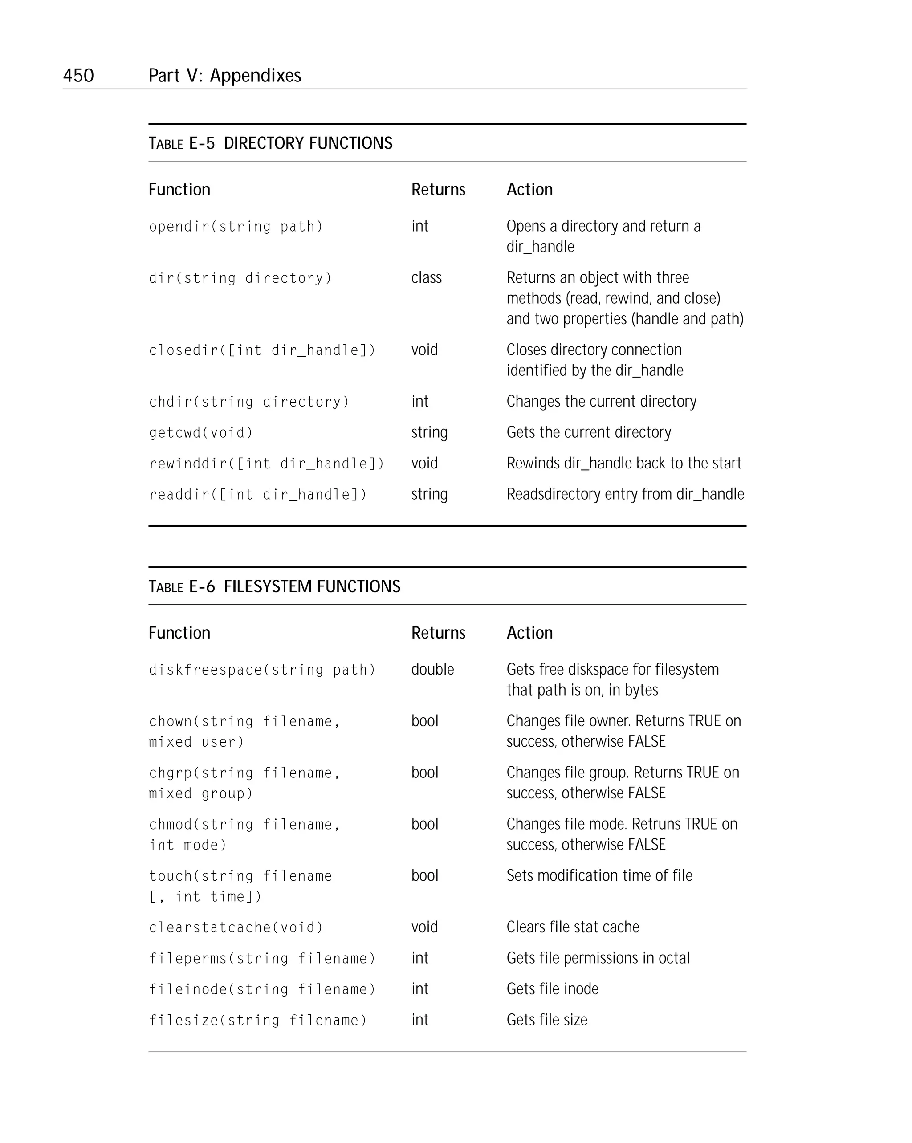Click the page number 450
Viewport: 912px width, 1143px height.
point(78,76)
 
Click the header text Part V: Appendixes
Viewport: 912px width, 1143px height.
point(224,76)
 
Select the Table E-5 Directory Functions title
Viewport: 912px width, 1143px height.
point(270,143)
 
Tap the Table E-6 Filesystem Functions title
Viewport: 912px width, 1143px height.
point(274,586)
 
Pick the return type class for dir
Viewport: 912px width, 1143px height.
point(426,278)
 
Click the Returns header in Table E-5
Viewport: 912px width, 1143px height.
point(438,190)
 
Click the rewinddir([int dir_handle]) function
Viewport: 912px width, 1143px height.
point(266,464)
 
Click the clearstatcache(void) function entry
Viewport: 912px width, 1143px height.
point(236,927)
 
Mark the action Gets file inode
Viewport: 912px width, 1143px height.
point(552,989)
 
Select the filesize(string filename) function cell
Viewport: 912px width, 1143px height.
point(258,1020)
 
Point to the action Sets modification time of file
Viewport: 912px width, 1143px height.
point(599,876)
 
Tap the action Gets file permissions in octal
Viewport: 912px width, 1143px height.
point(598,958)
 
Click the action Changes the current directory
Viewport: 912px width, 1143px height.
point(601,402)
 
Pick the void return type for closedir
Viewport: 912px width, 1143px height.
point(424,350)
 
